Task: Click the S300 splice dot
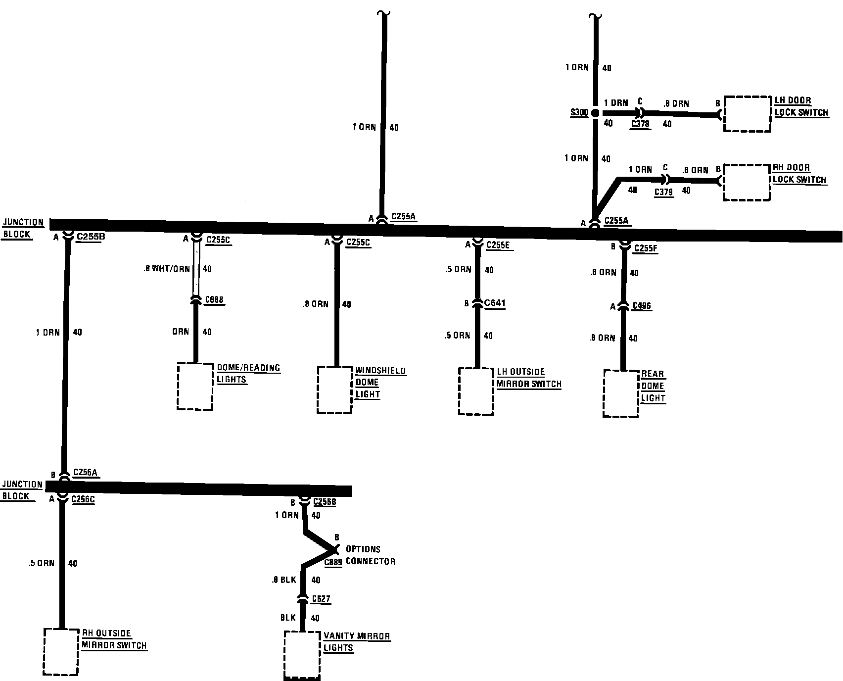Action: point(595,113)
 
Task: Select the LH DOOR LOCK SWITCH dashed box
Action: point(748,114)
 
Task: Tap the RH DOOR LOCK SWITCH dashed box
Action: point(747,182)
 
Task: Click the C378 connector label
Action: point(640,124)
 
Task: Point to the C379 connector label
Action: point(663,192)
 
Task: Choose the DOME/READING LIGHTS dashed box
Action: point(195,386)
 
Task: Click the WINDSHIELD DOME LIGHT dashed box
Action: point(335,389)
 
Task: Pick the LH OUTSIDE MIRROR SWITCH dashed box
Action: point(476,391)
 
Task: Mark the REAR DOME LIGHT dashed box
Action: point(621,393)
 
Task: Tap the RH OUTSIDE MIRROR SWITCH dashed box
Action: point(61,651)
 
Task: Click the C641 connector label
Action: point(495,303)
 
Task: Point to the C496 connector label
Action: point(642,306)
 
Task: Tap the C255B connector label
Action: point(91,237)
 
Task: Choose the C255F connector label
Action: point(645,247)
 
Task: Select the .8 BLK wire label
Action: point(283,580)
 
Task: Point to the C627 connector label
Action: point(321,599)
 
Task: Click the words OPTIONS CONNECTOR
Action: point(370,555)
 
